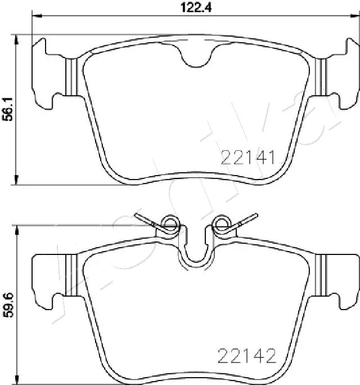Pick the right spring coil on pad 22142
pyautogui.click(x=220, y=225)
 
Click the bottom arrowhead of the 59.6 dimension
pyautogui.click(x=17, y=378)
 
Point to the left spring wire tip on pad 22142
pyautogui.click(x=137, y=214)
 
